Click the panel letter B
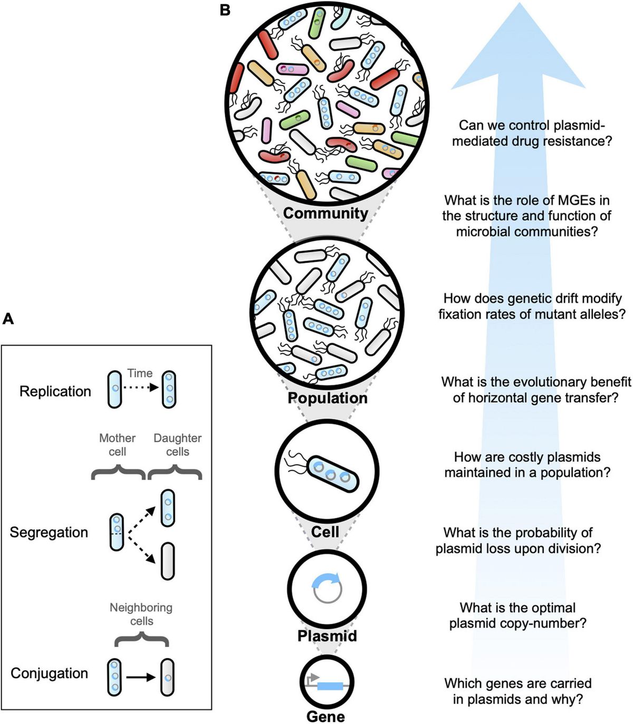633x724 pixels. pyautogui.click(x=225, y=9)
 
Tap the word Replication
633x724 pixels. pyautogui.click(x=55, y=391)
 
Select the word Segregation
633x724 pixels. pyautogui.click(x=49, y=532)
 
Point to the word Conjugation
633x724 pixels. pyautogui.click(x=49, y=673)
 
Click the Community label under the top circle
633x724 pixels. pyautogui.click(x=325, y=213)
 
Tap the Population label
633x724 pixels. pyautogui.click(x=327, y=398)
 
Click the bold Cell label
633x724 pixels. pyautogui.click(x=325, y=532)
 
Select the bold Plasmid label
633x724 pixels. pyautogui.click(x=327, y=635)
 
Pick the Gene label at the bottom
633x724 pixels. pyautogui.click(x=325, y=717)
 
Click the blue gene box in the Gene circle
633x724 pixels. pyautogui.click(x=330, y=686)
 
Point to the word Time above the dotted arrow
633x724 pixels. pyautogui.click(x=140, y=373)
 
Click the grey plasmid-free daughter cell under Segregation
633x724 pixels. pyautogui.click(x=167, y=561)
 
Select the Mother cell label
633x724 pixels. pyautogui.click(x=117, y=445)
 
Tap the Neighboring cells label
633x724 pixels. pyautogui.click(x=141, y=614)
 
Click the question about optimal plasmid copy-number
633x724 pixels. pyautogui.click(x=517, y=615)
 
